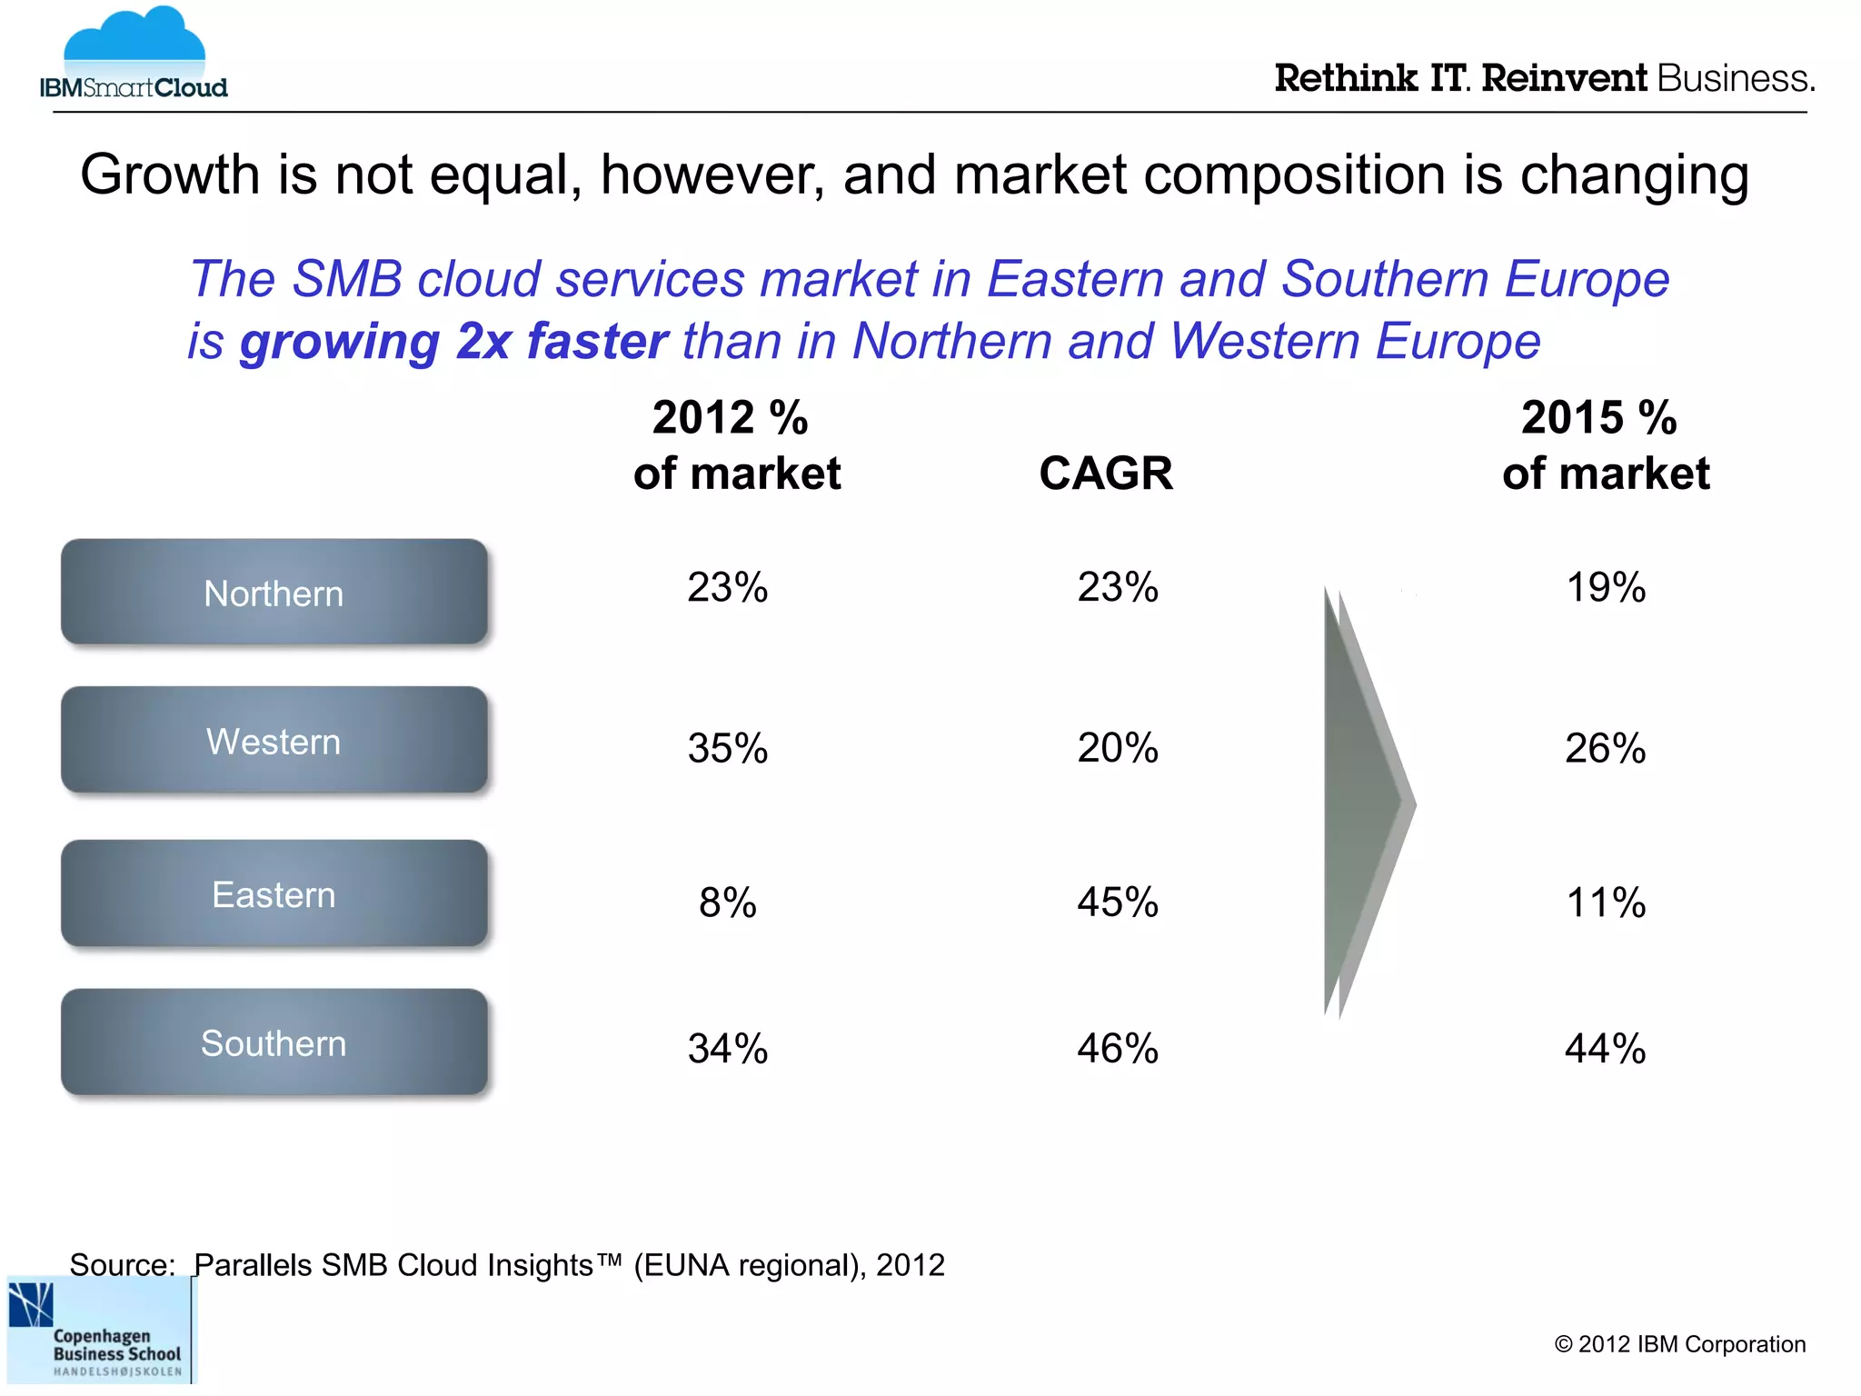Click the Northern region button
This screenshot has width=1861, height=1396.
coord(274,593)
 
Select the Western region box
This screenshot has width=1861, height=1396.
coord(274,740)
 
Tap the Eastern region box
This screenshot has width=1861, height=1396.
coord(274,893)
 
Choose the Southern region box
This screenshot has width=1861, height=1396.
coord(274,1042)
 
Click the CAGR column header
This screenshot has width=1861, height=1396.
coord(1105,474)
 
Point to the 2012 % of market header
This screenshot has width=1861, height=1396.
coord(736,445)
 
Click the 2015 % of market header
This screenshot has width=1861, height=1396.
coord(1605,445)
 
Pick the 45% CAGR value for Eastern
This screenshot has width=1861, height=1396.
coord(1117,902)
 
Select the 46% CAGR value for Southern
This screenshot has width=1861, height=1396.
coord(1117,1048)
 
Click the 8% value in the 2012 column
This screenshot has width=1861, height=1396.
coord(727,902)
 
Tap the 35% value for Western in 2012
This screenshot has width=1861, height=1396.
coord(727,748)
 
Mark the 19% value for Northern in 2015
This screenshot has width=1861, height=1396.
coord(1605,587)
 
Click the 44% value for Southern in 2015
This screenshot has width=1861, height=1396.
coord(1605,1048)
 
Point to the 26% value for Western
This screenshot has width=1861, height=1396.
coord(1605,748)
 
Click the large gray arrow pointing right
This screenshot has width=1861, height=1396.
coord(1363,804)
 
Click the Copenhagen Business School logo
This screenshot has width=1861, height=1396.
coord(100,1331)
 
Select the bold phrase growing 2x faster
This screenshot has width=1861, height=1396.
coord(453,342)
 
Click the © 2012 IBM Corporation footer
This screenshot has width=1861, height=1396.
coord(1679,1344)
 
